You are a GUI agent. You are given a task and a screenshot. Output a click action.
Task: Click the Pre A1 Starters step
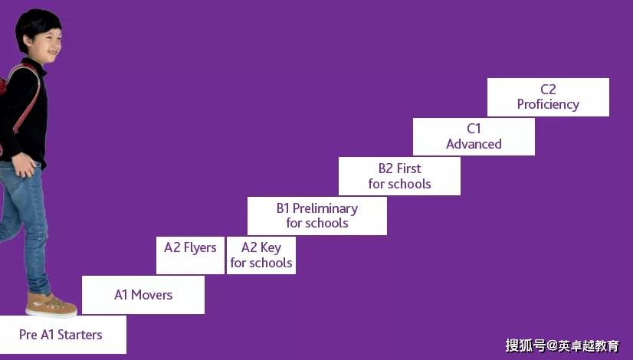(63, 335)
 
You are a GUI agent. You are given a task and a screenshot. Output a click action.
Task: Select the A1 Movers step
(143, 295)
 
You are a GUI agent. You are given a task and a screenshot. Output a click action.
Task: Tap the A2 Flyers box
(190, 255)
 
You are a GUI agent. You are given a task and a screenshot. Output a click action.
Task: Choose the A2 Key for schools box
(261, 255)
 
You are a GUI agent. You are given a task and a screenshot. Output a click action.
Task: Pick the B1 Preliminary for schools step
(317, 215)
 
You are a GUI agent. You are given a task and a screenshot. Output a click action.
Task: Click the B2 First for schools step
(399, 176)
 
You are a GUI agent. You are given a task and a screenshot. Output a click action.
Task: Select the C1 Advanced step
(474, 136)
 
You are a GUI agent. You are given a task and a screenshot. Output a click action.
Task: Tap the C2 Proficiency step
(548, 97)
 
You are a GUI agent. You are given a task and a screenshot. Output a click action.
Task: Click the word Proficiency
(548, 104)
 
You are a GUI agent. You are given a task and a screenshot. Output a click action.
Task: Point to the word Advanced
(474, 144)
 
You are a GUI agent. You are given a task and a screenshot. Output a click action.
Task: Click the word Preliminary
(325, 208)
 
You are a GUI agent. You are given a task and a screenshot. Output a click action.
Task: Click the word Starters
(80, 335)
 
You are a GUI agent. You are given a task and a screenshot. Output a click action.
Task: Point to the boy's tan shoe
(51, 305)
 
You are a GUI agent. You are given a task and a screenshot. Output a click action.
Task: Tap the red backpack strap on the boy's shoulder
(28, 97)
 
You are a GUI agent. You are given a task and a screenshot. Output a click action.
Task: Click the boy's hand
(25, 165)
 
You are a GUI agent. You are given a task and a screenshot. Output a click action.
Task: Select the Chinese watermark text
(562, 345)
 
